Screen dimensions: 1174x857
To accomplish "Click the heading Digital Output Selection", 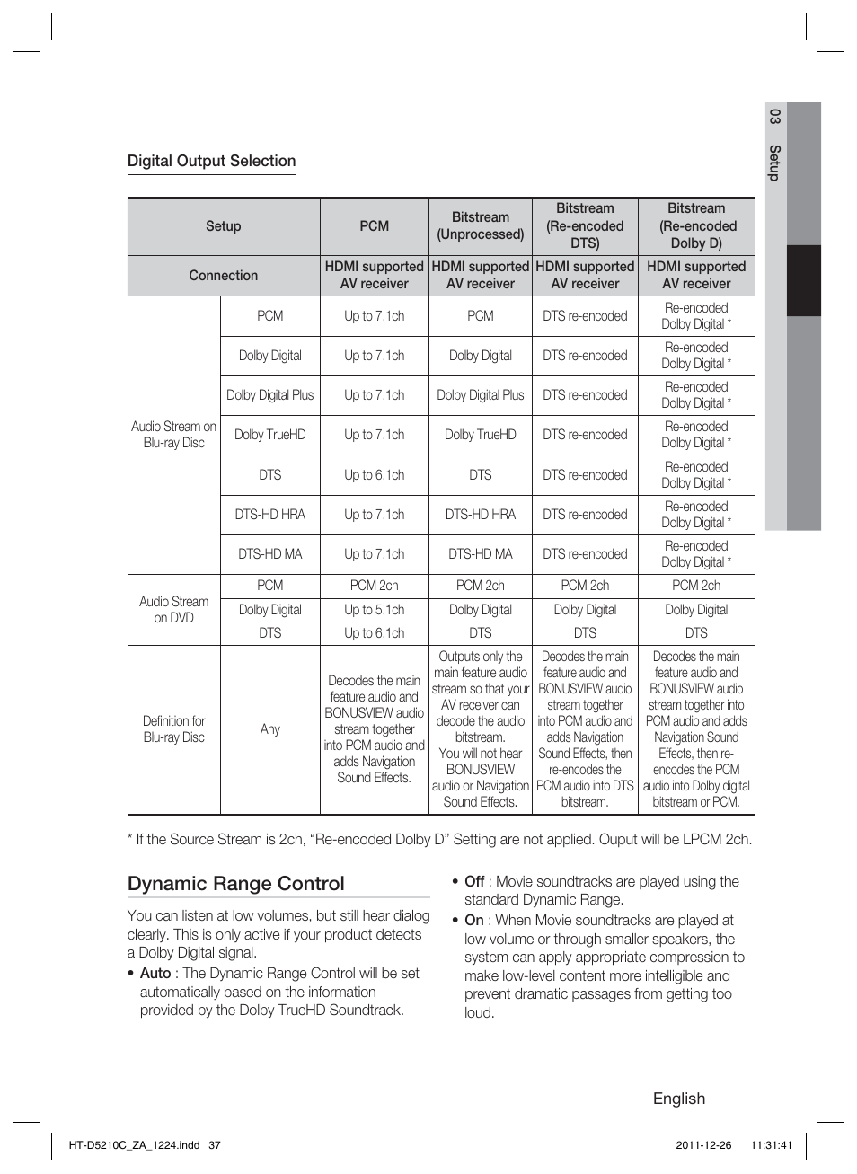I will coord(211,161).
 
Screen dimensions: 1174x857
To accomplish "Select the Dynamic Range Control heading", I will coord(235,883).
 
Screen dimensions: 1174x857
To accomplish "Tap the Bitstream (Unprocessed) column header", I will coord(480,226).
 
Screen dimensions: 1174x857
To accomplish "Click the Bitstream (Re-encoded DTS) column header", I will coord(585,225).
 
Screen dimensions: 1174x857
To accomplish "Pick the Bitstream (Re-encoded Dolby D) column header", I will coord(696,225).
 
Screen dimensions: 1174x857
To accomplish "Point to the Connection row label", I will coord(223,276).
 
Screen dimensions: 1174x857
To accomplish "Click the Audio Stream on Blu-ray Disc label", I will coord(173,435).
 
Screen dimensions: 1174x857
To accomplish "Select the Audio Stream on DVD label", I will coord(173,609).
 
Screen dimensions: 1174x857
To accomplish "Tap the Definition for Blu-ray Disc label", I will coord(173,729).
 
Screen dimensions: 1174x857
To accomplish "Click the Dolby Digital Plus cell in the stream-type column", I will coord(269,395).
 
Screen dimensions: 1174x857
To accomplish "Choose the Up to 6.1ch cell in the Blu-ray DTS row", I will coord(374,475).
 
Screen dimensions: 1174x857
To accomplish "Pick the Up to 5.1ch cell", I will coord(374,610).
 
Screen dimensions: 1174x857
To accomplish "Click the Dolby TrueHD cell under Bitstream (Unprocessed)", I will coord(480,435).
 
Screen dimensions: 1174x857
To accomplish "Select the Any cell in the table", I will coord(269,729).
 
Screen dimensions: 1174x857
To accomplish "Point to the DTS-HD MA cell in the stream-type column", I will coord(269,554).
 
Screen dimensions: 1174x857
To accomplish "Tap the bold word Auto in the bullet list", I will coord(155,973).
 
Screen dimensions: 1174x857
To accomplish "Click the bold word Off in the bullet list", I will coord(474,881).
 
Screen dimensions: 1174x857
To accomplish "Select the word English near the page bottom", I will coord(678,1099).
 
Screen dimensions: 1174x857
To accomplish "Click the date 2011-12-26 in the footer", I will coord(703,1145).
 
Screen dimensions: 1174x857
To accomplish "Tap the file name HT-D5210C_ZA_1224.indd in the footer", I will coord(134,1145).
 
